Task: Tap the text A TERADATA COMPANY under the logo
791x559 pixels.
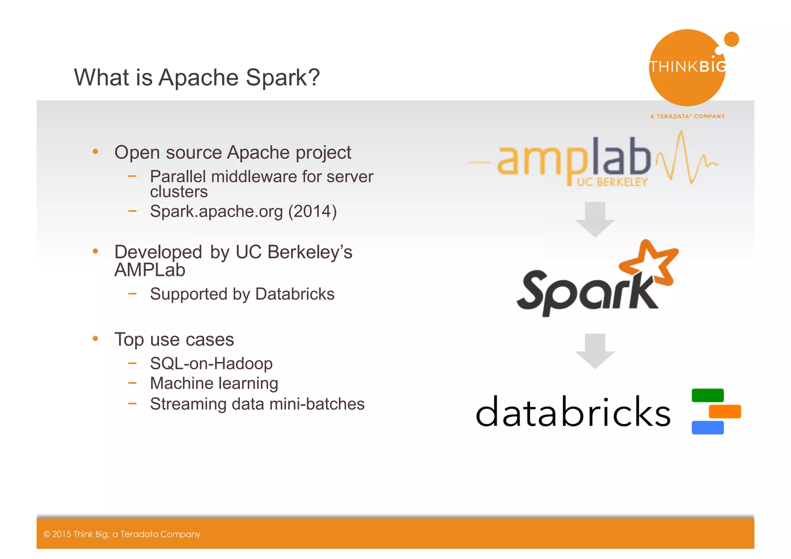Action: pyautogui.click(x=687, y=116)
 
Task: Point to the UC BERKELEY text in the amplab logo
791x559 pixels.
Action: pyautogui.click(x=612, y=182)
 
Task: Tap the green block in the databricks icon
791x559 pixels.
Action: pyautogui.click(x=707, y=395)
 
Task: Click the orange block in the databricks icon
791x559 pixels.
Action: pyautogui.click(x=725, y=411)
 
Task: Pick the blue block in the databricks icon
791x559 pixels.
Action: pyautogui.click(x=707, y=428)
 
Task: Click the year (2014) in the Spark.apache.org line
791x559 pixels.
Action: pyautogui.click(x=312, y=211)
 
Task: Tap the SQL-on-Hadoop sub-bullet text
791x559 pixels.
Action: pyautogui.click(x=211, y=364)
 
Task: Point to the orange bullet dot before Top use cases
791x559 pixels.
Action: pyautogui.click(x=95, y=339)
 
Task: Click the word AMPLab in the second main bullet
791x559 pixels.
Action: pyautogui.click(x=149, y=270)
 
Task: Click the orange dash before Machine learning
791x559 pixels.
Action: pyautogui.click(x=132, y=383)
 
